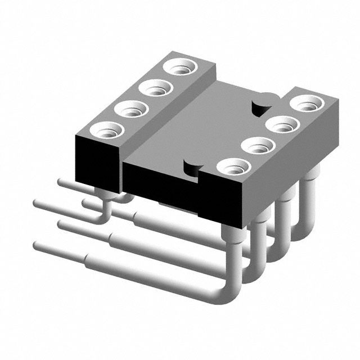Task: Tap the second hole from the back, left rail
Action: tap(155, 88)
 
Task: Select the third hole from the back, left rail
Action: tap(130, 108)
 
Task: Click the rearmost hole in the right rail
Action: tap(307, 104)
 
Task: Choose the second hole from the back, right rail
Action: tap(282, 124)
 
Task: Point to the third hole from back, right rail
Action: tap(258, 146)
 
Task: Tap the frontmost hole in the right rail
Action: tap(232, 167)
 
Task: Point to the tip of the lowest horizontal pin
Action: tap(37, 246)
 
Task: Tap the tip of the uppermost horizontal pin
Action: tap(61, 181)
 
